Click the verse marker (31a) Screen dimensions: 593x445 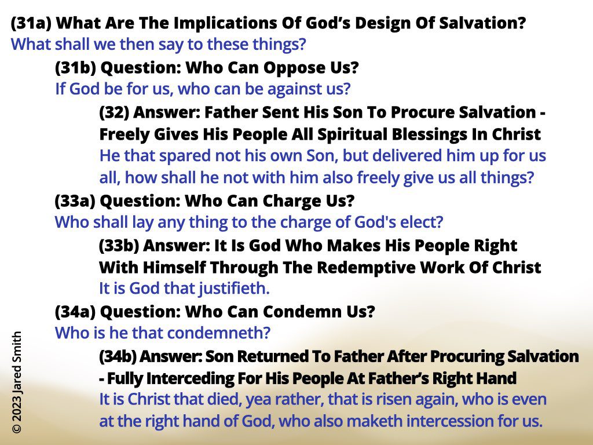coord(31,23)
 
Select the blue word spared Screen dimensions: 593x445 coord(182,156)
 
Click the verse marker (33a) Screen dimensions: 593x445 coord(75,201)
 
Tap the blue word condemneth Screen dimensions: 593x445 coord(219,333)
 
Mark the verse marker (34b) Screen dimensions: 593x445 coord(118,356)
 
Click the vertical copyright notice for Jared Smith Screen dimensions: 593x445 coord(17,382)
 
